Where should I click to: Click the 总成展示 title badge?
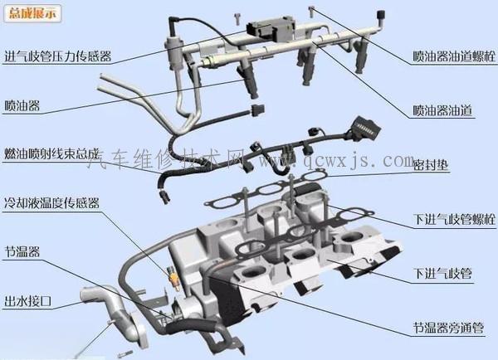pos(32,13)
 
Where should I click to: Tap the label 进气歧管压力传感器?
pos(58,56)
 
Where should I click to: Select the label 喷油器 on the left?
pos(22,105)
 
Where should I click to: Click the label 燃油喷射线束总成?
pos(51,153)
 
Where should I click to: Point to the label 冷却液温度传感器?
pos(51,202)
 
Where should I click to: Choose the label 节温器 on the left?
pos(22,251)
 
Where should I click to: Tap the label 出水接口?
pos(28,300)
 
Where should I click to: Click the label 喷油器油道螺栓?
pos(454,56)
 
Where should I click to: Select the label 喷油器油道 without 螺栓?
pos(442,110)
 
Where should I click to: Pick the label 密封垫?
pos(431,164)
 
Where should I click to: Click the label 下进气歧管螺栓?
pos(454,219)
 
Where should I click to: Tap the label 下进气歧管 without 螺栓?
pos(442,274)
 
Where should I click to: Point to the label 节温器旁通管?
pos(448,328)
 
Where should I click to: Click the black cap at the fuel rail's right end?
pos(380,15)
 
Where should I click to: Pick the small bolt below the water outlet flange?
pos(124,353)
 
